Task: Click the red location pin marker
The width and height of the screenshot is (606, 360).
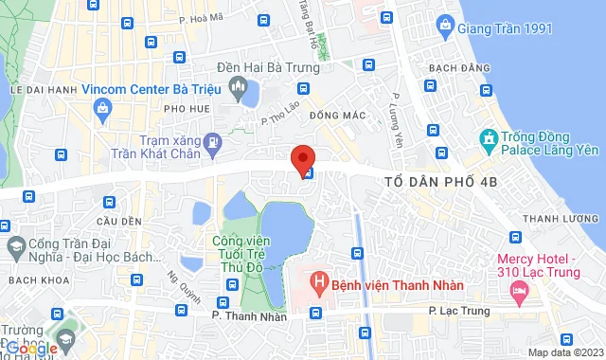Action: pyautogui.click(x=302, y=157)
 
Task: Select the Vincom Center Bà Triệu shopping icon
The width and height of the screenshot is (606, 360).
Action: pyautogui.click(x=100, y=109)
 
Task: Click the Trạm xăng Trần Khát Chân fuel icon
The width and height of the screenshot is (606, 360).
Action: pyautogui.click(x=214, y=144)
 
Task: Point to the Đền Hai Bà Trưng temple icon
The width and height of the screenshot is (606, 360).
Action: pyautogui.click(x=236, y=90)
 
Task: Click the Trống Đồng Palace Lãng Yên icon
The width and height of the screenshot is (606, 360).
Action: pyautogui.click(x=489, y=142)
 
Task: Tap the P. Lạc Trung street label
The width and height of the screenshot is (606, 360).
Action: pyautogui.click(x=457, y=310)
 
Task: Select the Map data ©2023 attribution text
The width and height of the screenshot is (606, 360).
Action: pyautogui.click(x=564, y=352)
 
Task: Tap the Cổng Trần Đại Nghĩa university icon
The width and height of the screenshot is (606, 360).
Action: pyautogui.click(x=13, y=249)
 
